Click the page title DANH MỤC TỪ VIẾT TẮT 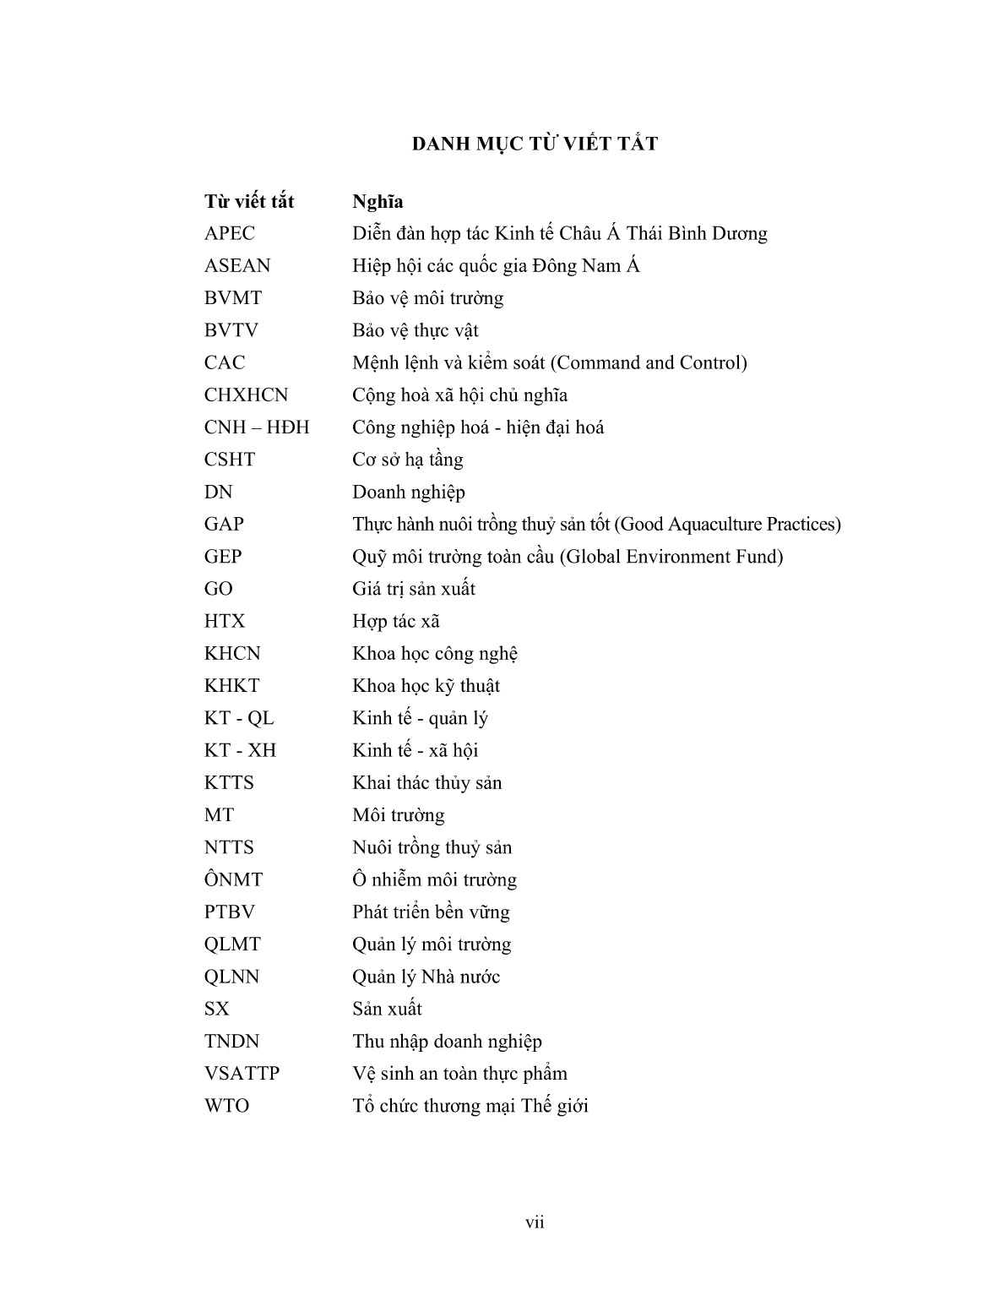pyautogui.click(x=535, y=144)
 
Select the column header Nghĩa pyautogui.click(x=378, y=202)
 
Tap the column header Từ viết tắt pyautogui.click(x=249, y=202)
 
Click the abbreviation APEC pyautogui.click(x=229, y=234)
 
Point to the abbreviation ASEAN pyautogui.click(x=237, y=266)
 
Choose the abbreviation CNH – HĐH pyautogui.click(x=257, y=427)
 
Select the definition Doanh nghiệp pyautogui.click(x=409, y=493)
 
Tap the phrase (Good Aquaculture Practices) pyautogui.click(x=727, y=525)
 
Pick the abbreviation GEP pyautogui.click(x=223, y=557)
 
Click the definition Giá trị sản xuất pyautogui.click(x=414, y=589)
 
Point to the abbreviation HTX pyautogui.click(x=225, y=622)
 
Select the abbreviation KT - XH pyautogui.click(x=240, y=750)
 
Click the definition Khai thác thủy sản pyautogui.click(x=427, y=783)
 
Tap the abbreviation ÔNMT pyautogui.click(x=233, y=879)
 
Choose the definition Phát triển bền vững pyautogui.click(x=431, y=912)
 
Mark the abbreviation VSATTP pyautogui.click(x=242, y=1074)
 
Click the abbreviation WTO pyautogui.click(x=226, y=1106)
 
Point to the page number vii pyautogui.click(x=535, y=1222)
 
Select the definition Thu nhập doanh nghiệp pyautogui.click(x=447, y=1042)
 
